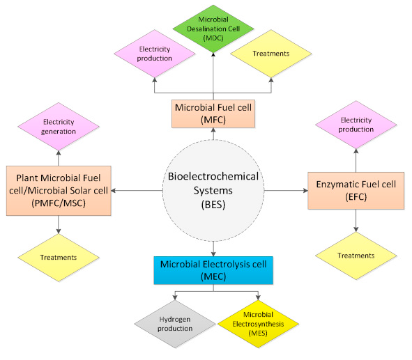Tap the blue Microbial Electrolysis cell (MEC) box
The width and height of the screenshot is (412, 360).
tap(213, 270)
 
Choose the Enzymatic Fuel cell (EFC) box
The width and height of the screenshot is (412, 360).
tap(356, 189)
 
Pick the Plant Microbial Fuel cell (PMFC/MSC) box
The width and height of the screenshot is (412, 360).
tap(59, 189)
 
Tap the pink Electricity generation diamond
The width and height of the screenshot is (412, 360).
tap(59, 125)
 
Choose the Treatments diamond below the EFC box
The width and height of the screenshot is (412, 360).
tap(356, 256)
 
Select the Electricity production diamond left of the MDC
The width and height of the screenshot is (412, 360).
tap(155, 53)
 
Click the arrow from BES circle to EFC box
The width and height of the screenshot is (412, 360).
tap(283, 189)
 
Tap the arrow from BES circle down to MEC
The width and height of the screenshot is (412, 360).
tap(212, 246)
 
